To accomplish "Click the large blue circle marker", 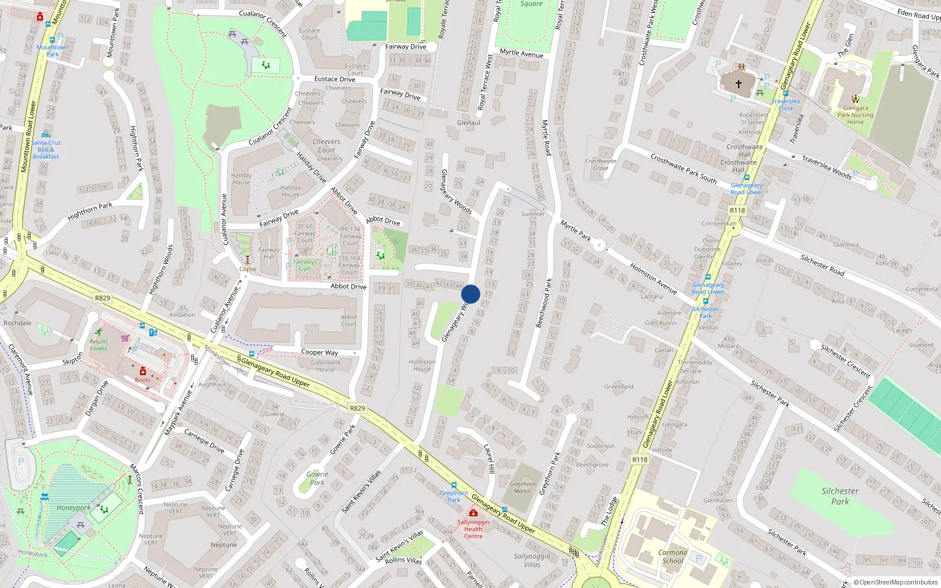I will pos(470,294).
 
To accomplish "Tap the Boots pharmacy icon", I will pos(142,372).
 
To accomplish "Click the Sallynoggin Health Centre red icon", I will pos(473,513).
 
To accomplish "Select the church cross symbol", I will pos(739,83).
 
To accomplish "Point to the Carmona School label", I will pos(673,556).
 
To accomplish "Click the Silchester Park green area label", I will pos(840,496).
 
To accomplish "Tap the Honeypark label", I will pos(74,507).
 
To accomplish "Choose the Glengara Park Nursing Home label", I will pos(855,115).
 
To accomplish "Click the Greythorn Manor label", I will pos(522,487).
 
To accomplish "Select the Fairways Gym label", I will pos(305,265).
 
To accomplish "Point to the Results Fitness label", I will pos(99,345).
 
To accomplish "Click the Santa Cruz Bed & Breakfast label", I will pos(46,149).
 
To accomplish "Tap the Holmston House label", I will pos(422,365).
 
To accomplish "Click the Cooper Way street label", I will pos(319,352).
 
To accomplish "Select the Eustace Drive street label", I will pos(335,79).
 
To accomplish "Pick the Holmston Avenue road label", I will pos(653,278).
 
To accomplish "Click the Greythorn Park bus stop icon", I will pos(454,486).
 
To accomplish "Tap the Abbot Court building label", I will pos(349,320).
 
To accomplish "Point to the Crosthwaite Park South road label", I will pos(683,168).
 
